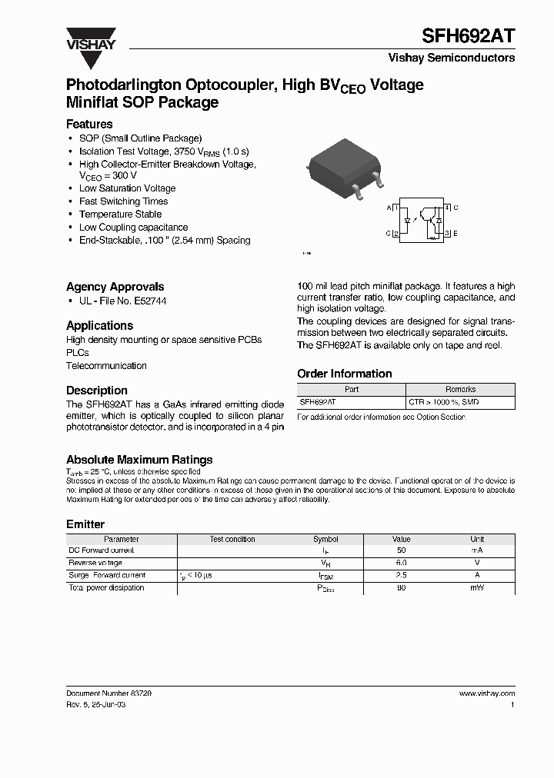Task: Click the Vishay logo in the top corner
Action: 90,38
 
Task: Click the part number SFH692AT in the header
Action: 469,36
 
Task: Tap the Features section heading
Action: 89,124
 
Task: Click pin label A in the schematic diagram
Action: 389,208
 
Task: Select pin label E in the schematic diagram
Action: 456,233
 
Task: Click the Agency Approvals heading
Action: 115,287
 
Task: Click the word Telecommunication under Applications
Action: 106,366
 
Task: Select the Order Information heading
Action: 345,374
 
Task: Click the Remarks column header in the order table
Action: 460,390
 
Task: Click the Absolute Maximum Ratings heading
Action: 139,460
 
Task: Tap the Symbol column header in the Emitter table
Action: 325,539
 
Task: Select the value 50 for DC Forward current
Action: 401,551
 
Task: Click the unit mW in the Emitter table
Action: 477,588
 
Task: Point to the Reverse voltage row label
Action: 95,564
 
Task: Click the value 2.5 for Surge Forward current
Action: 401,576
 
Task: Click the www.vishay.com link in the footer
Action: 486,693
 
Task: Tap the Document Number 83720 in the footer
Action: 108,693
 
